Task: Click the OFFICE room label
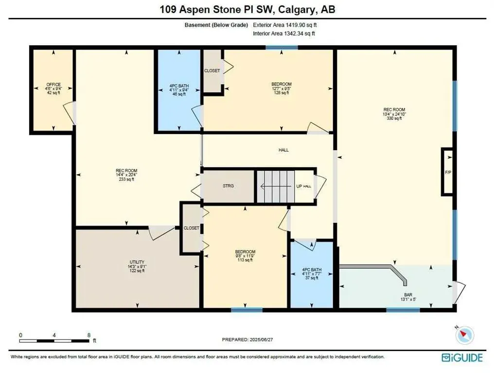point(53,85)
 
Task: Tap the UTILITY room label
point(137,262)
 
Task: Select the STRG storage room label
point(228,186)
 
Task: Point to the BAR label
point(408,295)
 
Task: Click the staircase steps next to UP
point(276,186)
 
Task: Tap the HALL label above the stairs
point(283,150)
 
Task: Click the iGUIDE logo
point(462,358)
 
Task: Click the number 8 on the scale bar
point(89,335)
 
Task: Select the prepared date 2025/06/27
point(261,339)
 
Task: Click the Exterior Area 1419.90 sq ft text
point(285,25)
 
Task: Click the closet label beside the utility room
point(191,228)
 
